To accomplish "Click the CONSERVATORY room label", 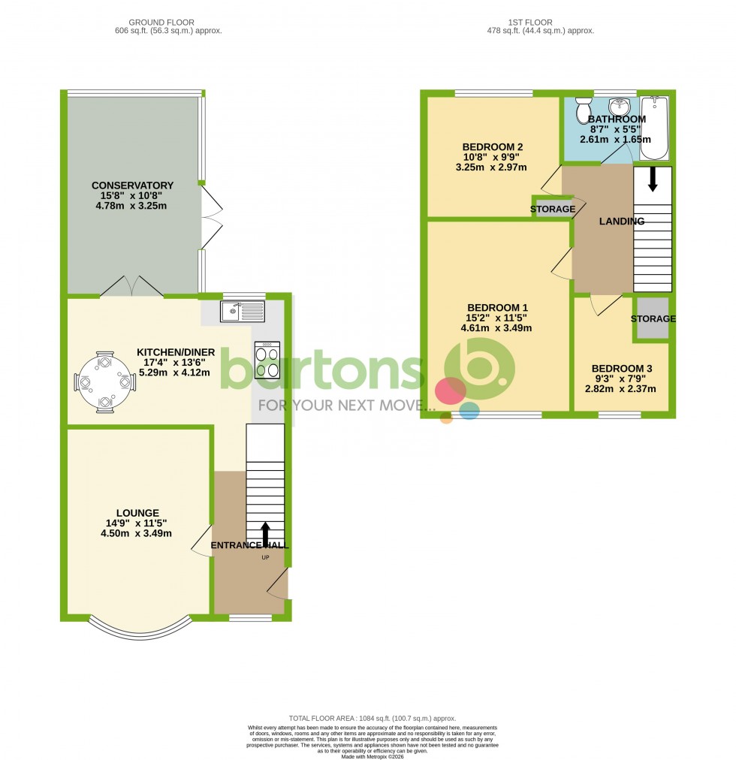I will point(132,185).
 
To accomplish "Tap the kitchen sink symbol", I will point(242,310).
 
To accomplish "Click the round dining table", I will point(104,382).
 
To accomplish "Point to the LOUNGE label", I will point(137,513).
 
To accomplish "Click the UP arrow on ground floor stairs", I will point(264,532).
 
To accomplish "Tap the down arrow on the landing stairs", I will point(652,179).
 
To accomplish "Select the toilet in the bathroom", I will point(584,111).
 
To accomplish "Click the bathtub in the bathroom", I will point(654,128).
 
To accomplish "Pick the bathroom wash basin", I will point(620,106).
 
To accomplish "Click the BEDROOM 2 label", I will point(492,146).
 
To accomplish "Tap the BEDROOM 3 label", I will point(622,368).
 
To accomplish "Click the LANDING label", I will point(621,221).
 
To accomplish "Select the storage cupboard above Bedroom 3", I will point(652,318).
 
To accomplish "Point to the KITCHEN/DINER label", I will point(176,351).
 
